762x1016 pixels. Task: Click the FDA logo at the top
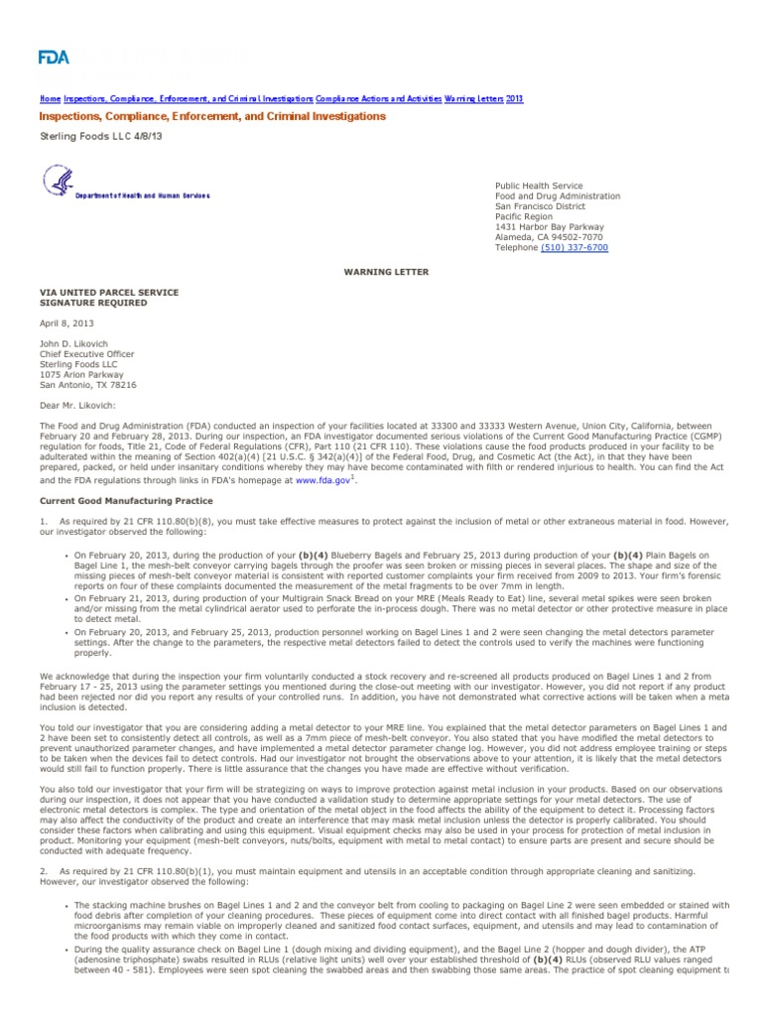point(55,58)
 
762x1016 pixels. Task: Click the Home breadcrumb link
point(49,99)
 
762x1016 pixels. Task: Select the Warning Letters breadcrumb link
point(474,99)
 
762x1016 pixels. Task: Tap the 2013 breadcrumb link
point(515,99)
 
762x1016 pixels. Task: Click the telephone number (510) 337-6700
point(574,248)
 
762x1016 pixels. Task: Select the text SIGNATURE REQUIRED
point(93,304)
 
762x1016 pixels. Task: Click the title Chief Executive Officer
point(86,354)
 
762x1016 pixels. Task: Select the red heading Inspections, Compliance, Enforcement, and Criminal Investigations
point(212,117)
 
